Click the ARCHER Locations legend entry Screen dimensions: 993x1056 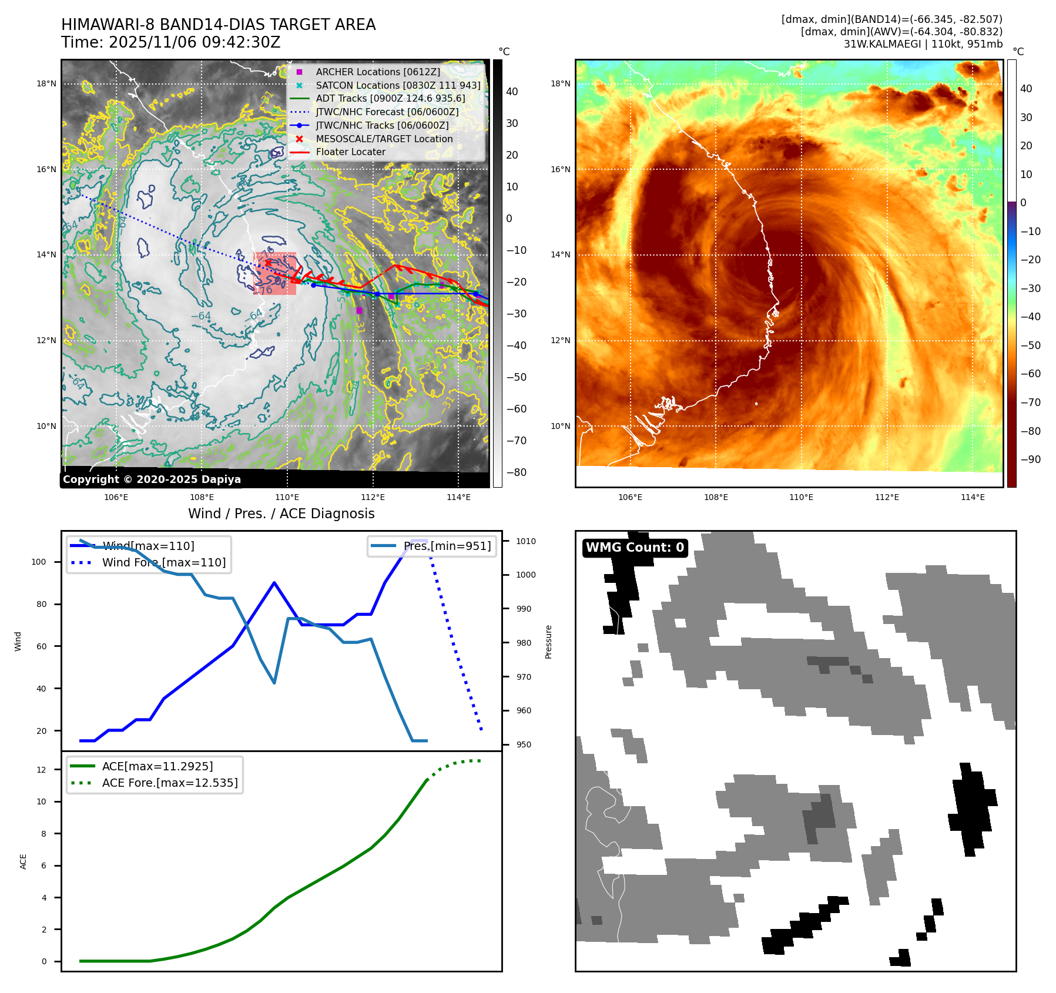[x=377, y=72]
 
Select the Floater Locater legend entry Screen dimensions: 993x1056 [x=350, y=152]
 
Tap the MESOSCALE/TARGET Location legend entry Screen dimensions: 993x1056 [x=384, y=139]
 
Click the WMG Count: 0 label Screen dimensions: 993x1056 [x=635, y=548]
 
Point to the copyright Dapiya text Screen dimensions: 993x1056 [x=152, y=479]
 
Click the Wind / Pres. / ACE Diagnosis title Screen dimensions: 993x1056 [x=281, y=514]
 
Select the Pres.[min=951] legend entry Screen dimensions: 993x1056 [x=447, y=546]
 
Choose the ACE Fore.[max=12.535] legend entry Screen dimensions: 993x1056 [x=169, y=783]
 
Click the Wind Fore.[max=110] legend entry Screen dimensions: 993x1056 [x=163, y=562]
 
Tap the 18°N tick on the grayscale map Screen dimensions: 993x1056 [x=46, y=83]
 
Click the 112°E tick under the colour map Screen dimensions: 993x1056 [x=887, y=497]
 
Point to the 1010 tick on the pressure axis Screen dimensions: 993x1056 [x=526, y=541]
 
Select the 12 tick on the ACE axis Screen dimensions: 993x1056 [x=41, y=770]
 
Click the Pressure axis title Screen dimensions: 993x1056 [x=548, y=642]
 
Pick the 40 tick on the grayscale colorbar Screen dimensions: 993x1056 [x=512, y=92]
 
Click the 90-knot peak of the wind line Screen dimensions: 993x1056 [x=274, y=582]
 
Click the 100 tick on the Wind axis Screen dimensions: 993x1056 [x=39, y=562]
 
